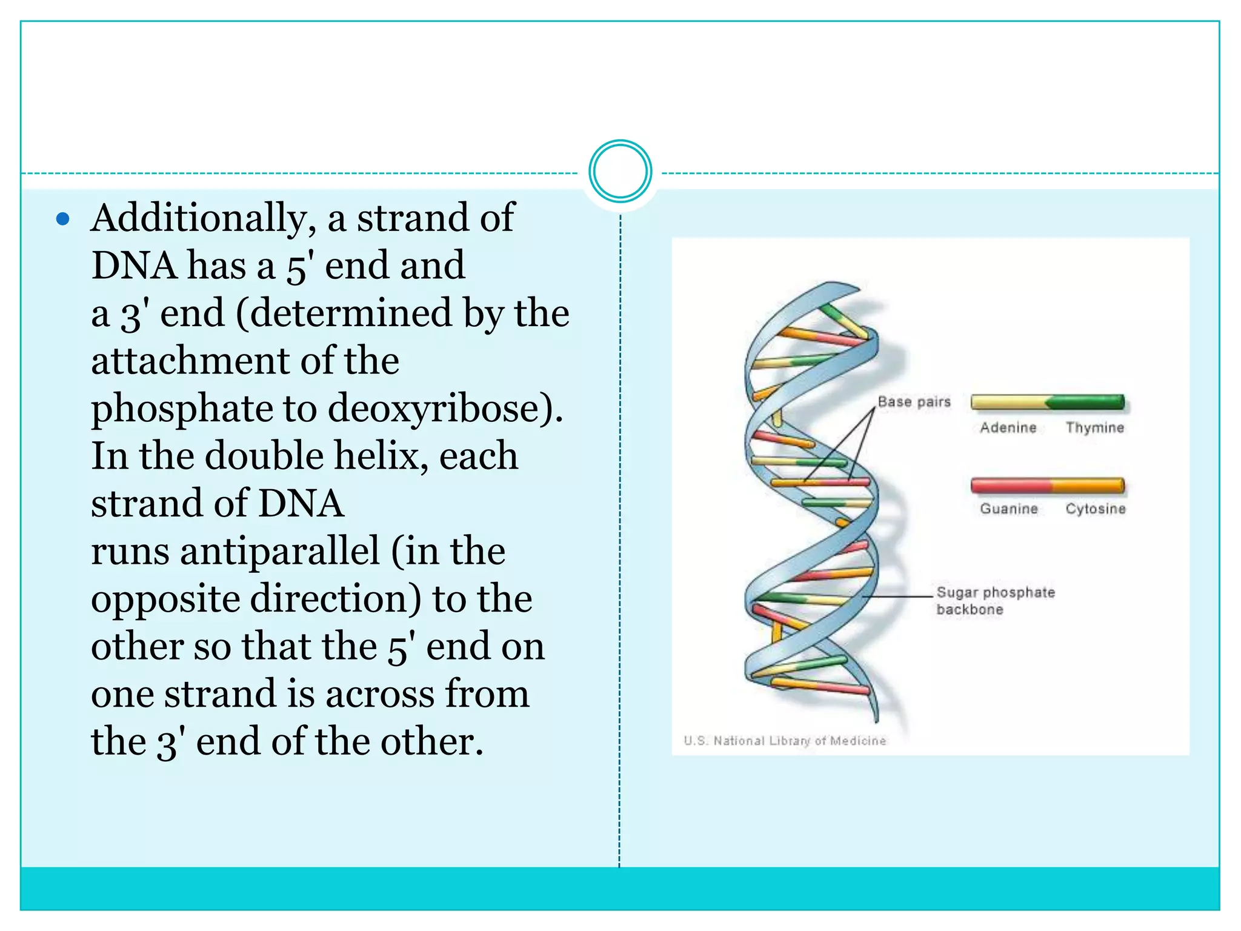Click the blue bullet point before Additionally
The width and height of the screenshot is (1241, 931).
63,219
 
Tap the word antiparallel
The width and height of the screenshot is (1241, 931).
280,552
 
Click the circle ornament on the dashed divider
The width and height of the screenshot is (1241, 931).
620,172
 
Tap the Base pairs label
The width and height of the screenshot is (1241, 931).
914,402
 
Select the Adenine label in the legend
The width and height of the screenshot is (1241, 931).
1008,428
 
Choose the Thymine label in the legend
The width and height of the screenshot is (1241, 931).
1095,428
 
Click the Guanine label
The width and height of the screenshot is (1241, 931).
1009,509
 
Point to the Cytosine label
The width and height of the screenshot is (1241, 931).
1096,509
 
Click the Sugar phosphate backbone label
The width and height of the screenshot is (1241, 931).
995,601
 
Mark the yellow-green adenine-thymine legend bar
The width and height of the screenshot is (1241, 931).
1047,402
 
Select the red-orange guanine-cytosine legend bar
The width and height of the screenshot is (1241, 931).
1047,486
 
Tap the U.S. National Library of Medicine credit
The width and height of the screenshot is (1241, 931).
785,741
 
